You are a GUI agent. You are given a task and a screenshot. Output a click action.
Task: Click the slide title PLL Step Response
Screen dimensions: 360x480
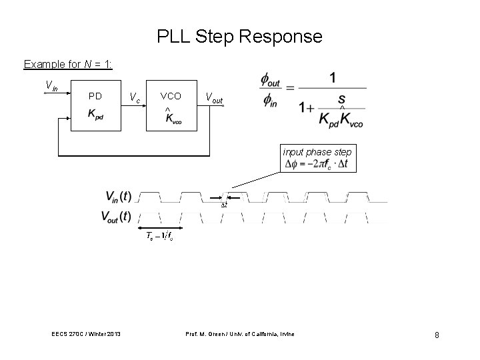239,36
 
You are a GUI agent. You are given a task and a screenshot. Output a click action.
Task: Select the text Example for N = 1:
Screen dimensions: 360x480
68,65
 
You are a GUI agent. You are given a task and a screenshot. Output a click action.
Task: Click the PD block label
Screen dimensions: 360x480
95,97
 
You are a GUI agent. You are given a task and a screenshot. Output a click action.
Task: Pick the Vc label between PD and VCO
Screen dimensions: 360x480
135,99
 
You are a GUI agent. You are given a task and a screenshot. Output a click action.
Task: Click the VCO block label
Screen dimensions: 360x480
171,97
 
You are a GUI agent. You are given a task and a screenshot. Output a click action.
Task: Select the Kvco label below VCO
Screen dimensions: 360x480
171,119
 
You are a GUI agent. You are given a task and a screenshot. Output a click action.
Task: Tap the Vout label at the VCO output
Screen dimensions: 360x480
215,99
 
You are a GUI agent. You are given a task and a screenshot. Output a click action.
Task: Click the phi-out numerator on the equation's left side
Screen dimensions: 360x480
271,81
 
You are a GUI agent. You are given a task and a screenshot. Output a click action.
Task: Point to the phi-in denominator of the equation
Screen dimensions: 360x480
270,101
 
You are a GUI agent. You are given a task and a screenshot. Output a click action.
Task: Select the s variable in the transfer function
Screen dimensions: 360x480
341,99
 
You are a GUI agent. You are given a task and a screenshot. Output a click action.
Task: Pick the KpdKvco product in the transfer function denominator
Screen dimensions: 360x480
341,120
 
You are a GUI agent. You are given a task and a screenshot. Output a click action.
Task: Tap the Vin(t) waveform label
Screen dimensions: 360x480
118,196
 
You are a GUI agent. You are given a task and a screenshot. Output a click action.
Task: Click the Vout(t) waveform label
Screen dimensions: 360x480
117,216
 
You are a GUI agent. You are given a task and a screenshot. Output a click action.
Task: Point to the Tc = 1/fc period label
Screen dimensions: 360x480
160,237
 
